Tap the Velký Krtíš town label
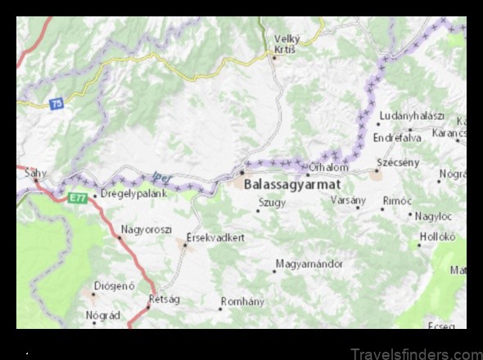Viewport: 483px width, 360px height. pyautogui.click(x=287, y=43)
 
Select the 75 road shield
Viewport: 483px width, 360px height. pyautogui.click(x=56, y=103)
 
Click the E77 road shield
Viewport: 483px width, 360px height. pyautogui.click(x=77, y=198)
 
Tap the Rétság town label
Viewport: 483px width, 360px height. pyautogui.click(x=163, y=299)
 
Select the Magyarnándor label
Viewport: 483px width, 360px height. pyautogui.click(x=309, y=264)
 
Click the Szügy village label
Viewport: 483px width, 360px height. pyautogui.click(x=272, y=203)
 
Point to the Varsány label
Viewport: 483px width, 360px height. pyautogui.click(x=348, y=200)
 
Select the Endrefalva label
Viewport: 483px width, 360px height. pyautogui.click(x=397, y=137)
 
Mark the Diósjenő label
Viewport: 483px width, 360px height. pyautogui.click(x=115, y=286)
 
